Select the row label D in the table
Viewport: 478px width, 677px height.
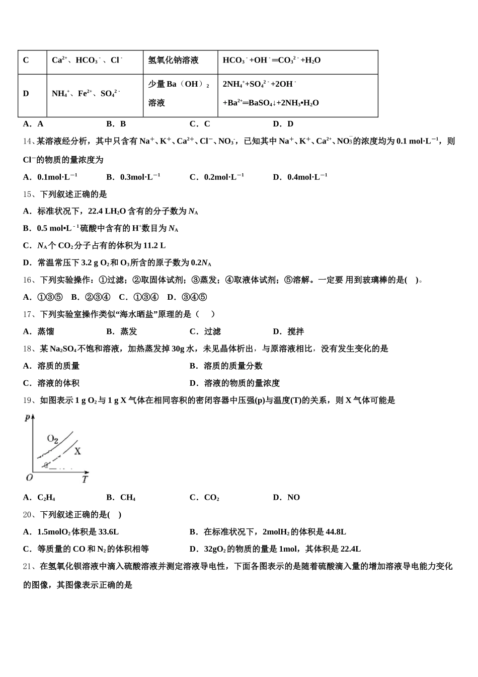(x=26, y=94)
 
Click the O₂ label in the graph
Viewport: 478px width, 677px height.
(x=53, y=438)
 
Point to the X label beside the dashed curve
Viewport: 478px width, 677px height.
(x=77, y=451)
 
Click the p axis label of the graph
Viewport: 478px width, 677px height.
(x=27, y=417)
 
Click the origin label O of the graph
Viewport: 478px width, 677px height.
(x=29, y=477)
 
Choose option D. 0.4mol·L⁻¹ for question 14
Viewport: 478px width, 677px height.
(x=300, y=177)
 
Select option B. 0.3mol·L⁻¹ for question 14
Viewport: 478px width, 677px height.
(x=133, y=177)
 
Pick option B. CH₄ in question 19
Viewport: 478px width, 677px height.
(x=121, y=498)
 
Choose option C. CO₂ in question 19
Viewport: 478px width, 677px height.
(x=204, y=498)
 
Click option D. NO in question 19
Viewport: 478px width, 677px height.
(x=286, y=498)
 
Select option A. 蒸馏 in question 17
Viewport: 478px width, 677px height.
(x=39, y=331)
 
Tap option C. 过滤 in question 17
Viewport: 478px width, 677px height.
(x=205, y=331)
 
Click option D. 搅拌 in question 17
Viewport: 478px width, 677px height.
(x=288, y=331)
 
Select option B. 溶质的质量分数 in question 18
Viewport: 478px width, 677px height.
(x=226, y=366)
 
